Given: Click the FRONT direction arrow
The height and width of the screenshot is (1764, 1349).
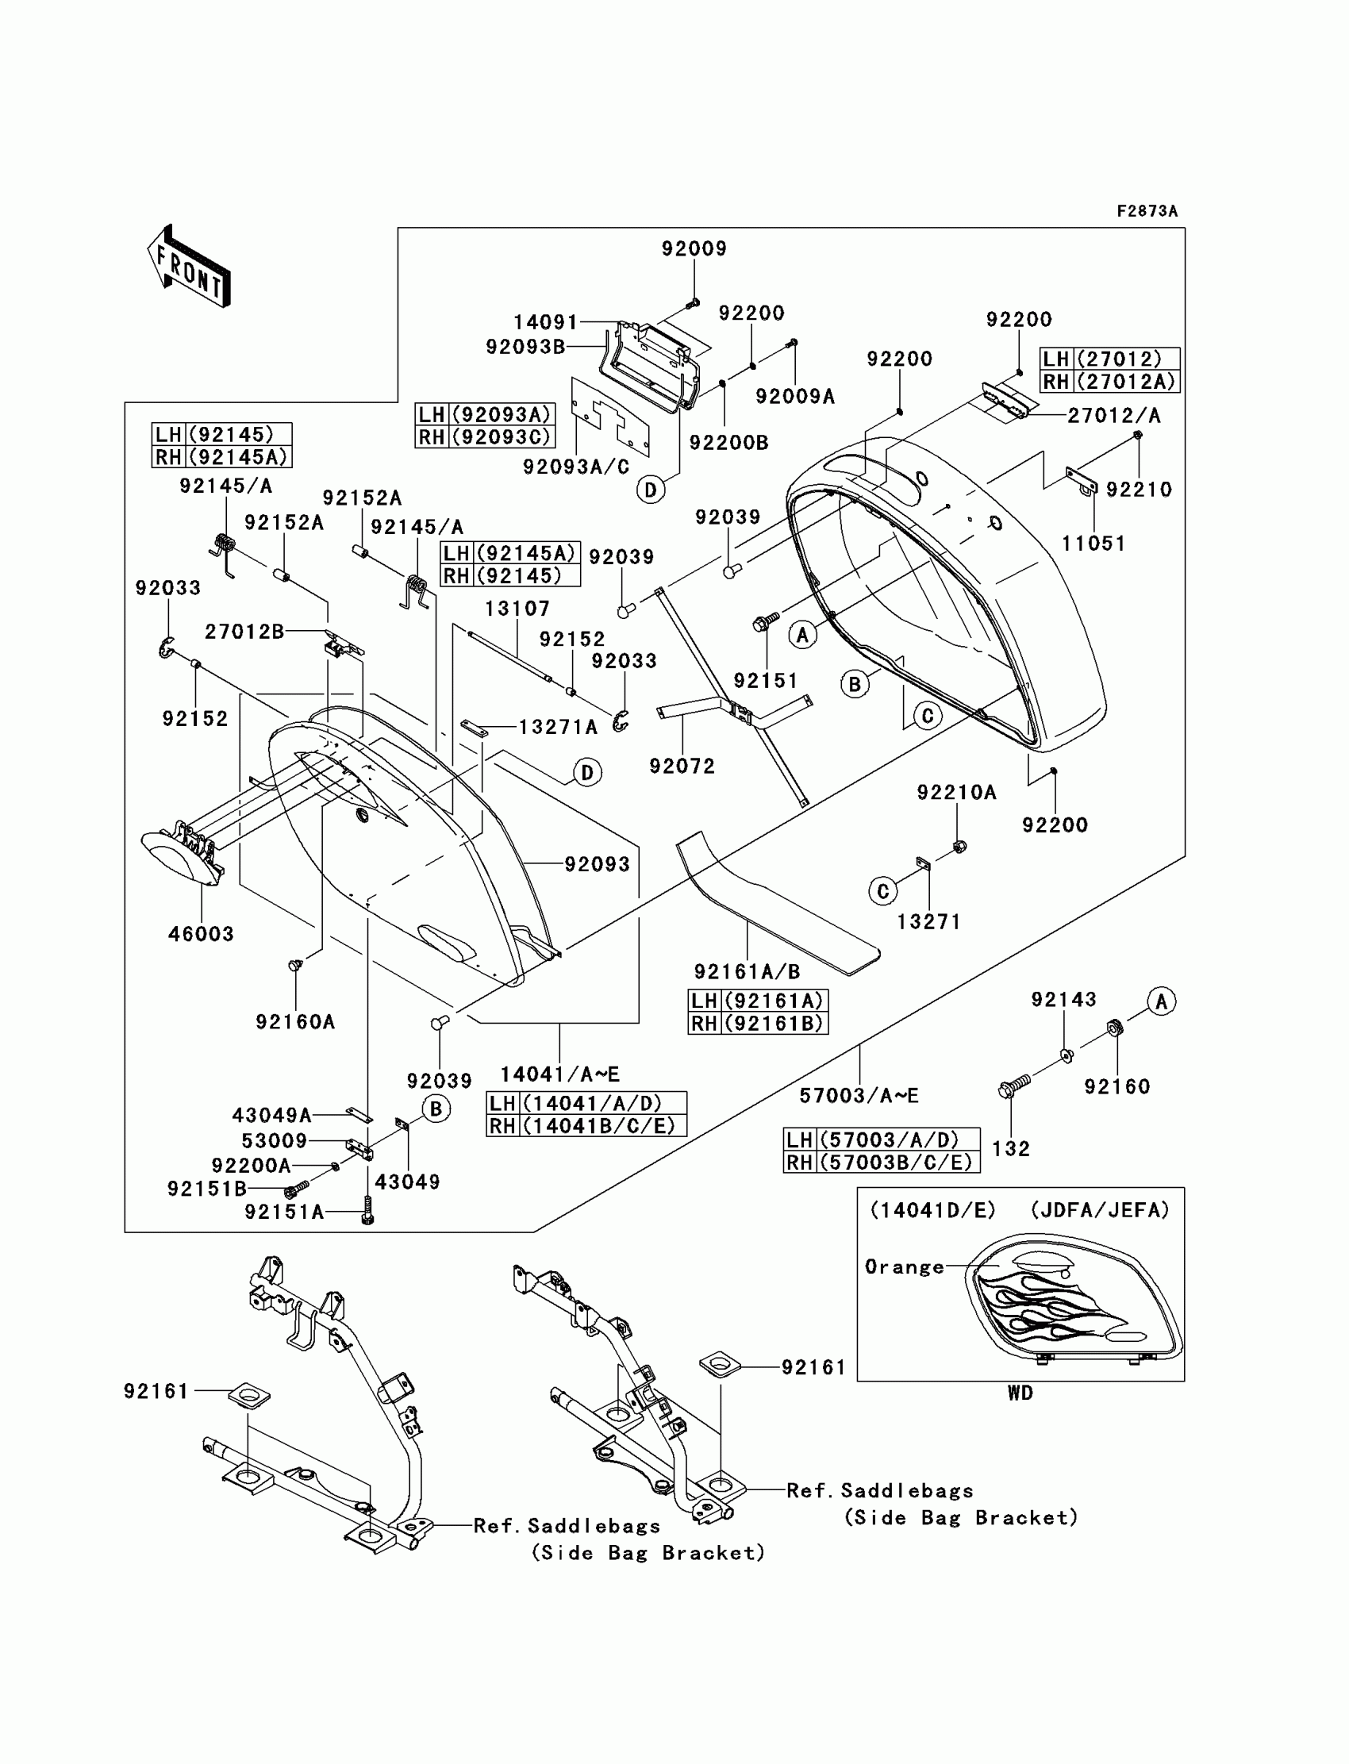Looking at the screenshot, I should [190, 267].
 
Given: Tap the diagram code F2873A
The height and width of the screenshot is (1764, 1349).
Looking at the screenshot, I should [1147, 211].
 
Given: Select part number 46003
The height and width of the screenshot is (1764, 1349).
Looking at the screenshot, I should [201, 934].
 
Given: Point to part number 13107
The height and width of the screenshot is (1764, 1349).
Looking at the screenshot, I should [517, 609].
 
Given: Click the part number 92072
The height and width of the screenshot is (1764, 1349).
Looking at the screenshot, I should [682, 766].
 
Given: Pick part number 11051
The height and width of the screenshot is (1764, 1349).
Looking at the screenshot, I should [1093, 544].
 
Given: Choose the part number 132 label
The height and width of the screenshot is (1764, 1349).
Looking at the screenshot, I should [1010, 1149].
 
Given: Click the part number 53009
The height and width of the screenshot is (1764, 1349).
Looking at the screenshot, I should [275, 1141].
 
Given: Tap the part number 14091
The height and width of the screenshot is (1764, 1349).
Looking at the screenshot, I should [545, 323].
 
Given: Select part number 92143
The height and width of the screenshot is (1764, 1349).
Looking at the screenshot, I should [1063, 1000].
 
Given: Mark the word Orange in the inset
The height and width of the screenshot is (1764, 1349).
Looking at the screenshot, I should [904, 1267].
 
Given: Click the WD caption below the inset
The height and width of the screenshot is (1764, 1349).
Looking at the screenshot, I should [1020, 1393].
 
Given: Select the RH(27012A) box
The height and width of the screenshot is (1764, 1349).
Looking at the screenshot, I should [1109, 382].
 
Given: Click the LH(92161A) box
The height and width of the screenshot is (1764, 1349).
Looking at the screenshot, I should [757, 1001].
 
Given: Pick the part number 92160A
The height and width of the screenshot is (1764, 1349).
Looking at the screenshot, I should [294, 1022].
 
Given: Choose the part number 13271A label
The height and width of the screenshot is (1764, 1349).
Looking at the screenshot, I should [558, 728].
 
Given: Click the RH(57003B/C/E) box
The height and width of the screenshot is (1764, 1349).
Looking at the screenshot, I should [881, 1162].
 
